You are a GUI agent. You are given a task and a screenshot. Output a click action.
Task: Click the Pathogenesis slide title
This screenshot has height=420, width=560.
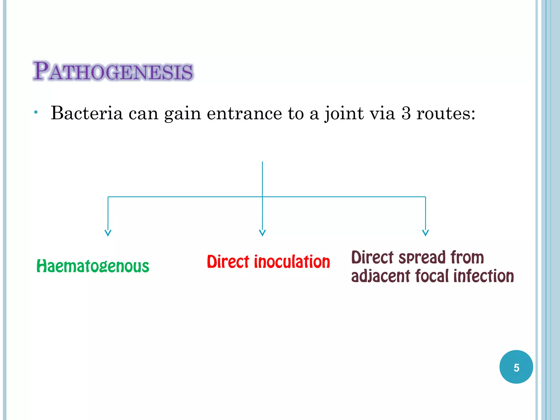coord(113,71)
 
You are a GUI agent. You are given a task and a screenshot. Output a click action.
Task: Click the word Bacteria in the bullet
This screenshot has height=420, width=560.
coord(87,113)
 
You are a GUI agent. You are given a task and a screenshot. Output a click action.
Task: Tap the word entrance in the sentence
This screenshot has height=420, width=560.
coord(244,113)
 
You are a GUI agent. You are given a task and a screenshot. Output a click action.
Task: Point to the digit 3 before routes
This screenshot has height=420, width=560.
coord(406,113)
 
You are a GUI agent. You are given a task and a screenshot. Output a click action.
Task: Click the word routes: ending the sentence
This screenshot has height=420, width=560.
coord(446,113)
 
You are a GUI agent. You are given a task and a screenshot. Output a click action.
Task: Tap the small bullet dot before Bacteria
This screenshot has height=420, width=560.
coord(36,112)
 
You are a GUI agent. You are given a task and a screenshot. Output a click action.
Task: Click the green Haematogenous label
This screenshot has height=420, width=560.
coord(93,266)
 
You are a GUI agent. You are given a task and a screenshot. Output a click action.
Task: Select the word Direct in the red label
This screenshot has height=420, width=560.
coord(228,262)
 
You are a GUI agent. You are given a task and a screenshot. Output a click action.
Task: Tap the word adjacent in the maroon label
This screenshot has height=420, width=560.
coord(380,276)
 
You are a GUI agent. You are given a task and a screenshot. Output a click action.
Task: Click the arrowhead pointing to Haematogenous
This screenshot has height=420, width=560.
coord(108,233)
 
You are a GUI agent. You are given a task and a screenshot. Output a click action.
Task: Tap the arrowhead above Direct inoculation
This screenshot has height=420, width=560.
coord(262,233)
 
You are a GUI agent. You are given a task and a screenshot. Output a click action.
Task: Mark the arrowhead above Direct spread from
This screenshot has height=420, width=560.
coord(425,233)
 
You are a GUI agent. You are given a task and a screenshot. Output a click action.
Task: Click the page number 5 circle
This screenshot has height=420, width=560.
coord(516,367)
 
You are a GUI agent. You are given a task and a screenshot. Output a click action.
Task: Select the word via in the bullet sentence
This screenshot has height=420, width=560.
coord(382,113)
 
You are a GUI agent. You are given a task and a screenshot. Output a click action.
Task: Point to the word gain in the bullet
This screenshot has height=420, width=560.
coord(182,113)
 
